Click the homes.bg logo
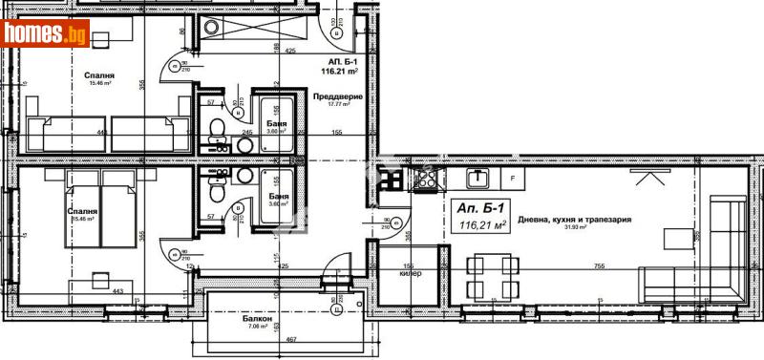[x=45, y=33]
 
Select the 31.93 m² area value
[x=574, y=226]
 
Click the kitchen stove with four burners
[x=426, y=178]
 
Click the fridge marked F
[x=513, y=178]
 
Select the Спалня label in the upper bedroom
[x=99, y=74]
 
